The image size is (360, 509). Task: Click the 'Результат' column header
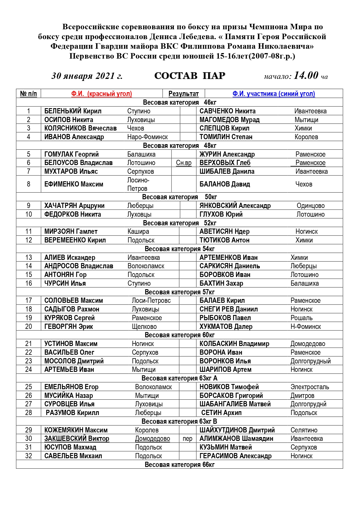183,94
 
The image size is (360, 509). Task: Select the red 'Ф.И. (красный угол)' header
102,94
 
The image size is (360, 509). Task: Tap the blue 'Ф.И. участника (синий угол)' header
274,94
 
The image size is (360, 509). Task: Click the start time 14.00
306,76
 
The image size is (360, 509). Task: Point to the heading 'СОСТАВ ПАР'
190,76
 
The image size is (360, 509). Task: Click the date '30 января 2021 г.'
87,76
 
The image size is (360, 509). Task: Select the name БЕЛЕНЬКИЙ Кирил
73,111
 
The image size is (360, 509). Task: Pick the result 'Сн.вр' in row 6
184,163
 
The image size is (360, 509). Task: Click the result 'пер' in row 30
187,439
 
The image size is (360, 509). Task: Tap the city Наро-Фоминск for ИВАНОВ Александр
147,137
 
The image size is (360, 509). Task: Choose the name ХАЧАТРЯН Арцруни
74,206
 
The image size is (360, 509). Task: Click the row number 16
28,283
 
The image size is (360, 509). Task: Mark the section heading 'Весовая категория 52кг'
180,223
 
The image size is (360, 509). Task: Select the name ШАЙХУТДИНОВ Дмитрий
237,430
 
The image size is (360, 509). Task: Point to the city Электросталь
310,387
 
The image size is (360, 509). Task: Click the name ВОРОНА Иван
221,352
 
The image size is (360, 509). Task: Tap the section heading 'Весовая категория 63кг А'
179,378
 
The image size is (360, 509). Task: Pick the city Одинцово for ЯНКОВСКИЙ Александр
310,206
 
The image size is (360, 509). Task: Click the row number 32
28,456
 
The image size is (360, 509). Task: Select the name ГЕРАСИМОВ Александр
235,456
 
